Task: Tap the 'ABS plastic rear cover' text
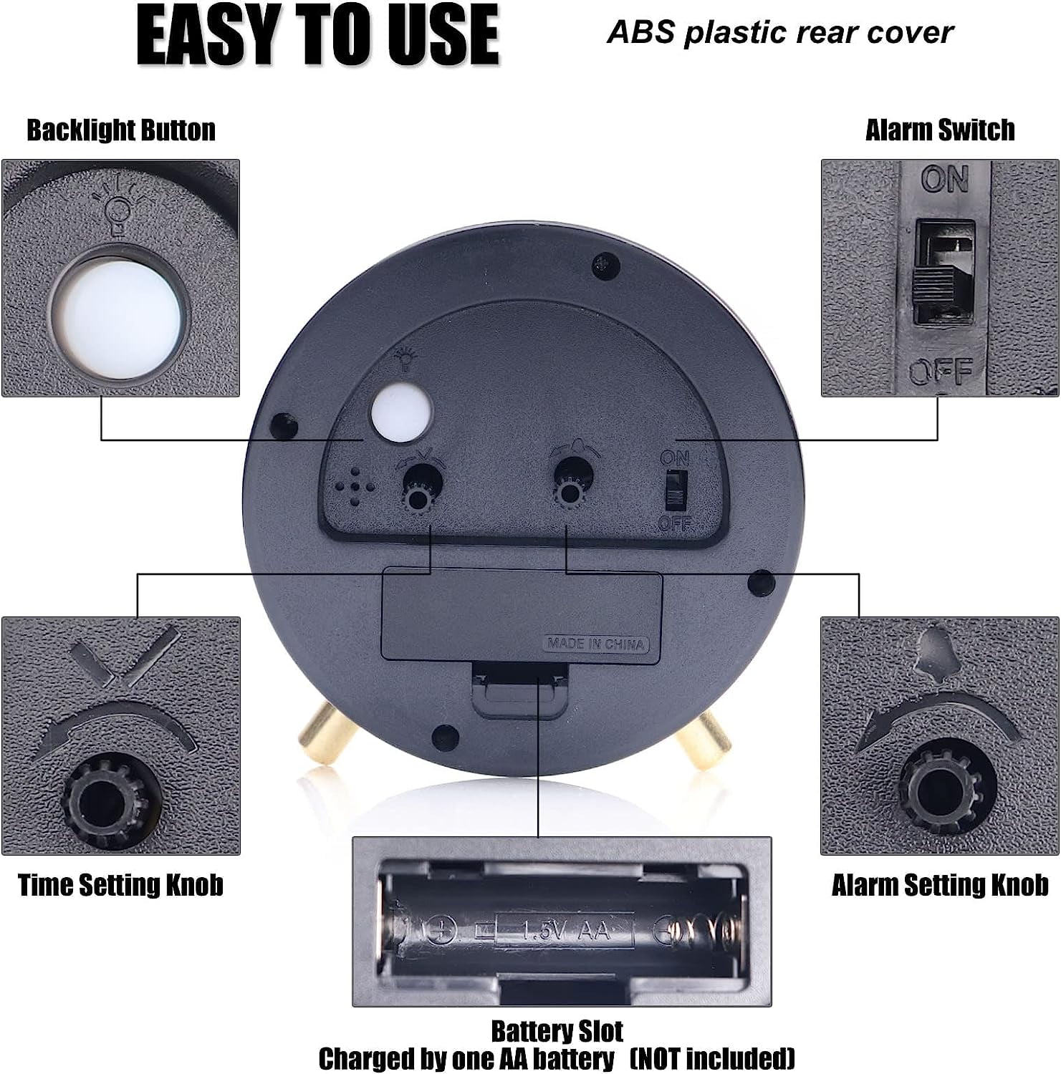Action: [x=780, y=33]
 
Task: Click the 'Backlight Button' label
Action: [x=121, y=130]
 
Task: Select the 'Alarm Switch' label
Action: [x=940, y=130]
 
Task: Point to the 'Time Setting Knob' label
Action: [x=120, y=885]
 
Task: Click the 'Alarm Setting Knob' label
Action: [x=940, y=885]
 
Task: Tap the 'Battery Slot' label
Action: [x=557, y=1032]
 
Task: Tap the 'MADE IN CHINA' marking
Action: [x=595, y=644]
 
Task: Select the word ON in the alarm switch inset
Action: [x=945, y=179]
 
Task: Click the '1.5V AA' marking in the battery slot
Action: [x=565, y=931]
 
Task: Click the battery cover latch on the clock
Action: [x=521, y=690]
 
